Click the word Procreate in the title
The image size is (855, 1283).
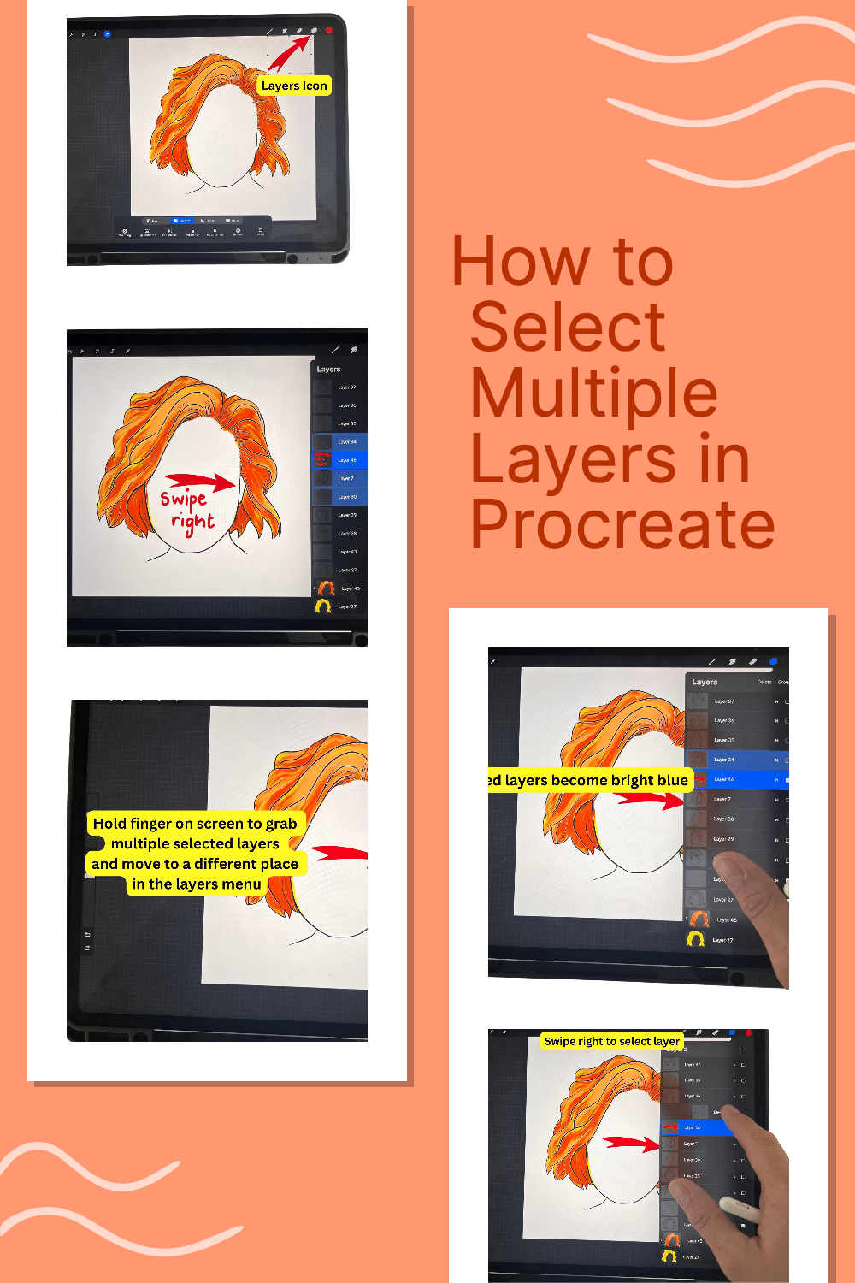622,524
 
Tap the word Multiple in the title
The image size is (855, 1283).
594,393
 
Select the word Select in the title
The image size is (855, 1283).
568,327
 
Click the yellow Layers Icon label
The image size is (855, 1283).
294,86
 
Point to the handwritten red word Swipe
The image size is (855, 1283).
184,498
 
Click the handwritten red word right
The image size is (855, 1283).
192,522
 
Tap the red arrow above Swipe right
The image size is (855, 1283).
199,482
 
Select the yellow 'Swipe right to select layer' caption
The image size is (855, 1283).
612,1041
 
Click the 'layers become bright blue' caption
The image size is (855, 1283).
588,780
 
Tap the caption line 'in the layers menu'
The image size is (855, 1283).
197,884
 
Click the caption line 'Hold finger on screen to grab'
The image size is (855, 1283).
195,824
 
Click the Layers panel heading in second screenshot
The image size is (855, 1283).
328,370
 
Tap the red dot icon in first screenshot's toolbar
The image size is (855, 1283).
329,31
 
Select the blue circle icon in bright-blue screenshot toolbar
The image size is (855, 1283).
773,661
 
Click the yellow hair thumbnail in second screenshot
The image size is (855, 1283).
323,606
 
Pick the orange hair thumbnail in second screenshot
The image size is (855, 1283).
326,588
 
